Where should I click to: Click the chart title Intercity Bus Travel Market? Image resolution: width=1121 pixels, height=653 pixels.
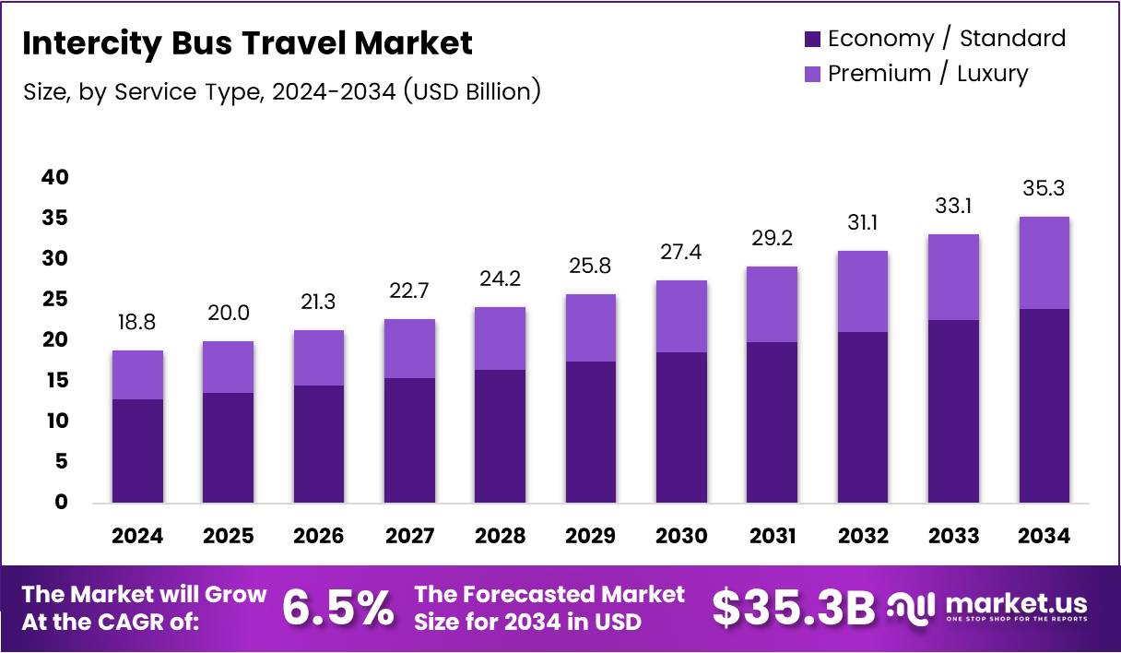click(x=247, y=43)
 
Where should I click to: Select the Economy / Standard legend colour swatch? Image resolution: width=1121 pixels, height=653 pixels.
click(x=812, y=39)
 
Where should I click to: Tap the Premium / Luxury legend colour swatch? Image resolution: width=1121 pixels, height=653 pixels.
click(x=812, y=74)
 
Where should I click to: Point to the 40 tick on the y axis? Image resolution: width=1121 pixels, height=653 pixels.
click(x=55, y=177)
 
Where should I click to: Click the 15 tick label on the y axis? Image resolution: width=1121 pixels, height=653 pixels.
click(x=55, y=380)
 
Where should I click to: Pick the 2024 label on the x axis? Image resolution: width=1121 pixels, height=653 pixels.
click(x=137, y=537)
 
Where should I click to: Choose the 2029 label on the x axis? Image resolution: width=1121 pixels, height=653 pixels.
click(x=591, y=537)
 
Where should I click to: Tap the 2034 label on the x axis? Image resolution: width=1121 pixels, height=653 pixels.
click(x=1044, y=537)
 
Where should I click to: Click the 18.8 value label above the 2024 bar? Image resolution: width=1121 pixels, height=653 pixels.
click(x=137, y=324)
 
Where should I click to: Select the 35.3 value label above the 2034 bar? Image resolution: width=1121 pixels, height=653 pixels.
click(x=1044, y=190)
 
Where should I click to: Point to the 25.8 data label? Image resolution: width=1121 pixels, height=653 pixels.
click(x=591, y=267)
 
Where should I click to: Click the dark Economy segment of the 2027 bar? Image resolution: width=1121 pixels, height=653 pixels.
click(x=409, y=440)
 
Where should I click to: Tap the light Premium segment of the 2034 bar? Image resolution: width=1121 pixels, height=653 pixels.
click(x=1044, y=263)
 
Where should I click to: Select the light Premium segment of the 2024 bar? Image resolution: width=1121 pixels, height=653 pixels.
click(x=137, y=374)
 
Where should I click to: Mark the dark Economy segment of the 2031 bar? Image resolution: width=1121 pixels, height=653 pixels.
click(x=773, y=422)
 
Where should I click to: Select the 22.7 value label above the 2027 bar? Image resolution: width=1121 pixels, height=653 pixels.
click(x=409, y=292)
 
